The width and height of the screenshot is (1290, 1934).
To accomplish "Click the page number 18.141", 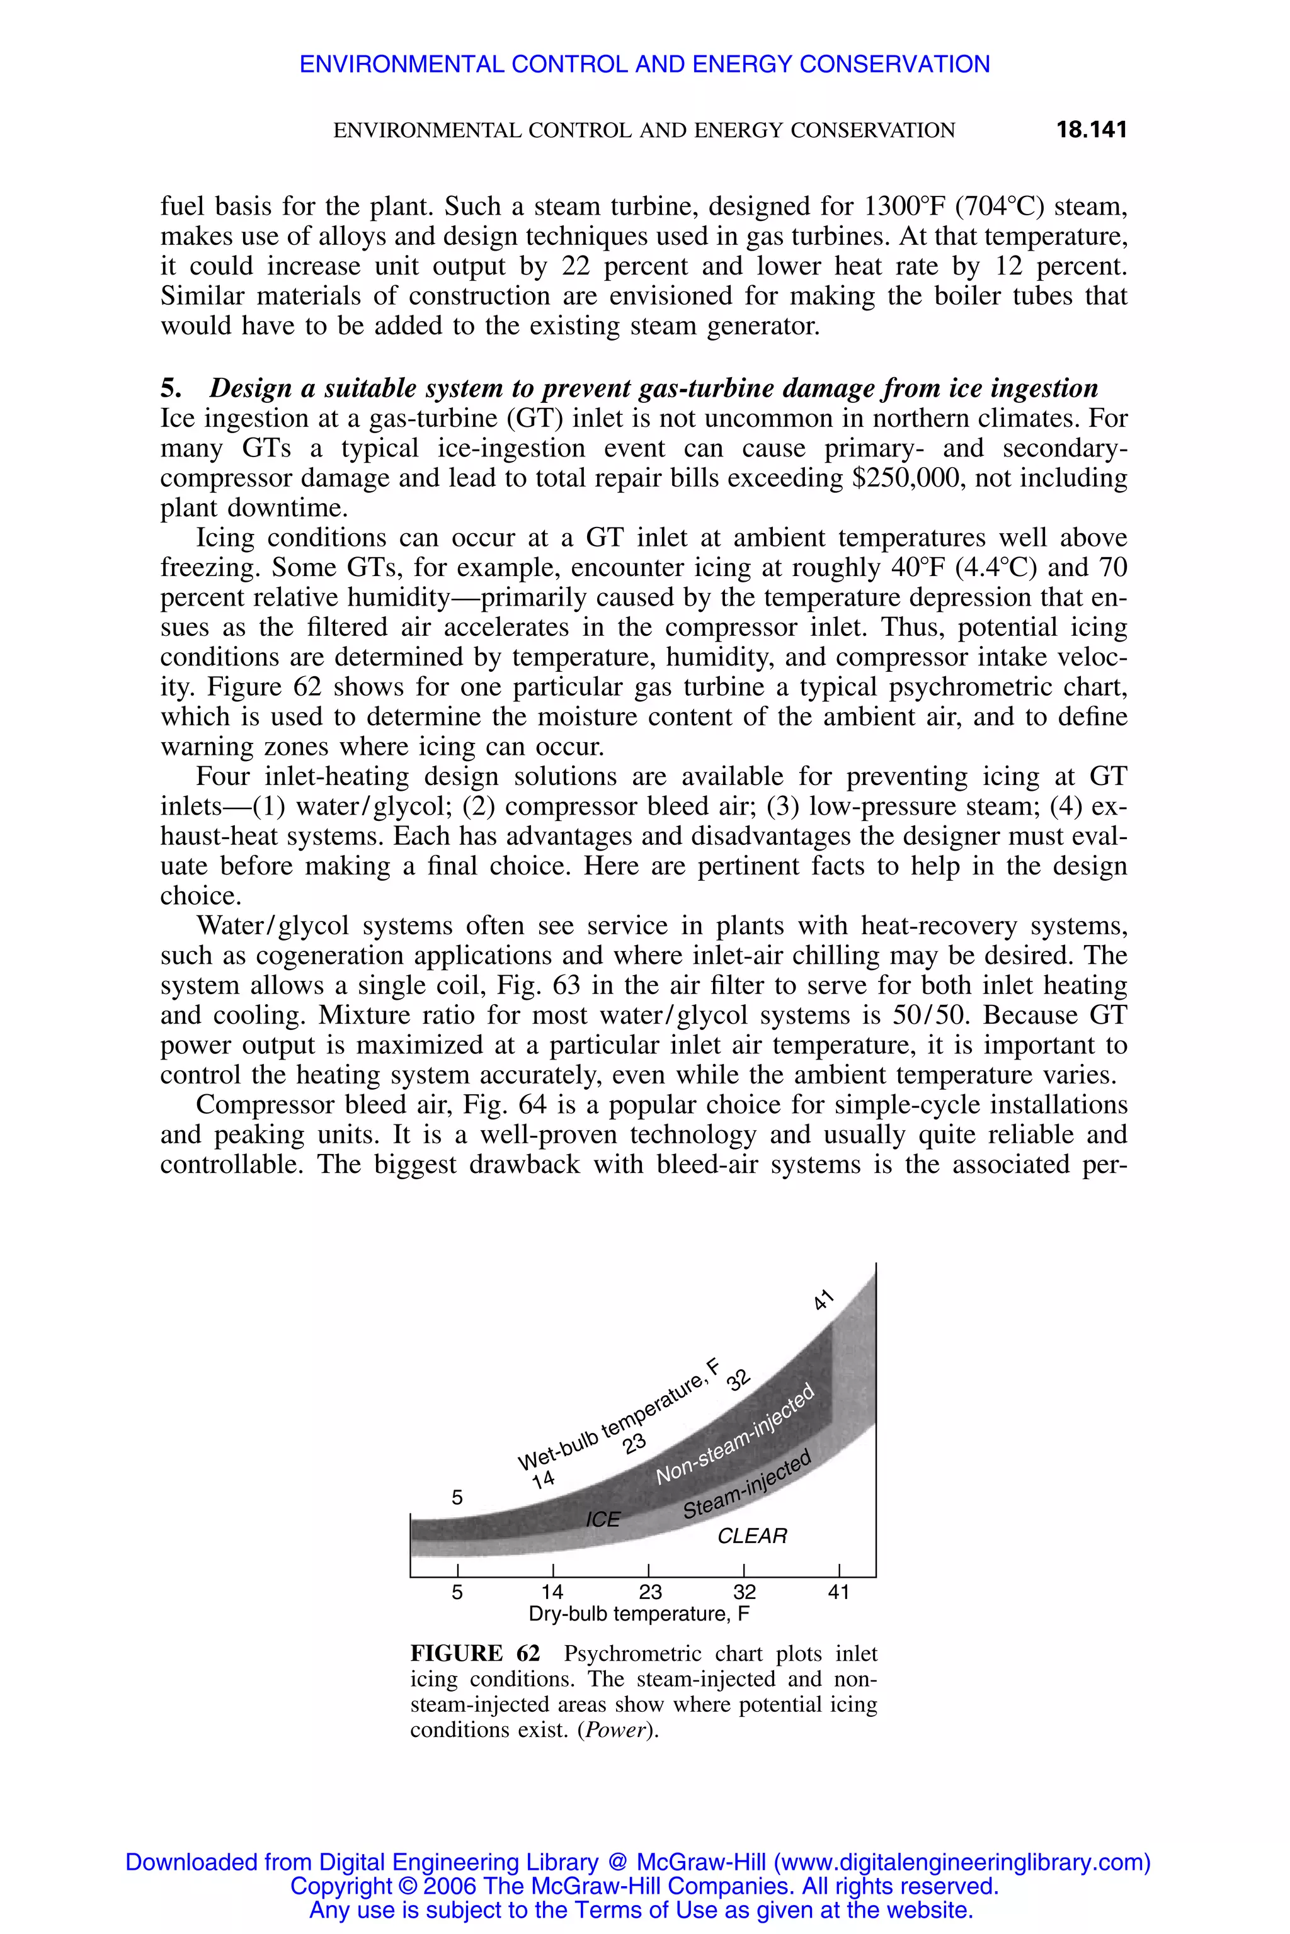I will tap(1090, 130).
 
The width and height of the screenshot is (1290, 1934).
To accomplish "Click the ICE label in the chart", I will tap(602, 1518).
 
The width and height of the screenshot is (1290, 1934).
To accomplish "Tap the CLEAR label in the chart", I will tap(752, 1535).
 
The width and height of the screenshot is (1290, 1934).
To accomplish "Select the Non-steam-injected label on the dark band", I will tap(734, 1434).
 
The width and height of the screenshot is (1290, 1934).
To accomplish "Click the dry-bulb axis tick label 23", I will tap(650, 1592).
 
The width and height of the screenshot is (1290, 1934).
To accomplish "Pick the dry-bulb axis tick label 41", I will tap(838, 1592).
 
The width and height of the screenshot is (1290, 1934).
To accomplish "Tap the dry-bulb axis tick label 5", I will tap(457, 1592).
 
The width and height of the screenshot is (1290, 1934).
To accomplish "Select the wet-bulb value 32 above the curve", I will tap(738, 1379).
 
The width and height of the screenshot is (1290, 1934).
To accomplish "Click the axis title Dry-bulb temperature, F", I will tap(639, 1614).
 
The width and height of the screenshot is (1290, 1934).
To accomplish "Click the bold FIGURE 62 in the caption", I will tap(475, 1654).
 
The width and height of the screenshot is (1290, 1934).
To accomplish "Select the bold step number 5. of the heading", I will tap(169, 388).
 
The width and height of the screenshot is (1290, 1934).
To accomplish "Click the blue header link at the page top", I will tap(644, 64).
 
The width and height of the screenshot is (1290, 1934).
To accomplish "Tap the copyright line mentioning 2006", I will tap(644, 1886).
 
